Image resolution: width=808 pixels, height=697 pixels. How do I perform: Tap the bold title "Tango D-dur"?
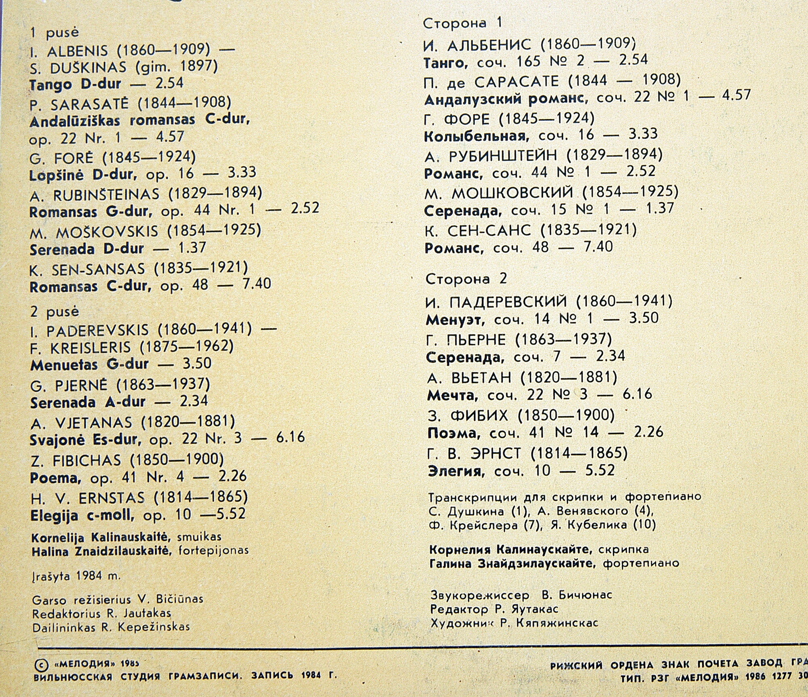tap(75, 84)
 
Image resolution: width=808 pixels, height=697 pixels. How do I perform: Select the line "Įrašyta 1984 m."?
tap(76, 575)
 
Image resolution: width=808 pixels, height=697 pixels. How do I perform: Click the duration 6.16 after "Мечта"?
tap(637, 394)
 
